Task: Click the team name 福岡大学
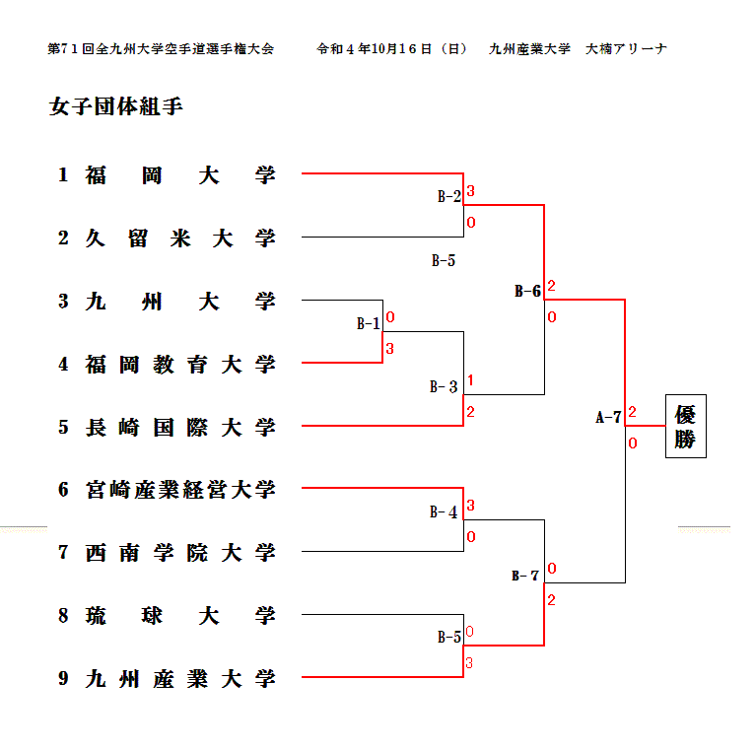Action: (180, 175)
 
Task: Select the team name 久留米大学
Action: (180, 238)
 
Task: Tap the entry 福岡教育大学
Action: (180, 365)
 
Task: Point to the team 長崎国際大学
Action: (180, 428)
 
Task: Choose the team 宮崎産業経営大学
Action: (180, 490)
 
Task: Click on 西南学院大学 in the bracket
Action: (180, 553)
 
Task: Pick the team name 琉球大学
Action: (180, 616)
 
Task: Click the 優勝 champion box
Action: (685, 427)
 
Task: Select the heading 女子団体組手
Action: (115, 106)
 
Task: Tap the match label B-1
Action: (368, 323)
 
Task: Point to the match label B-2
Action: (448, 196)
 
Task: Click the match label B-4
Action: (444, 512)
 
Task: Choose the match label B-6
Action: (527, 291)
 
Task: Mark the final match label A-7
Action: (608, 417)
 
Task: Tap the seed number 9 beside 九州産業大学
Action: (63, 678)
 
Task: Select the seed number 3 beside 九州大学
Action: (63, 302)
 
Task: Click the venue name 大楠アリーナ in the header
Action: (626, 48)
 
